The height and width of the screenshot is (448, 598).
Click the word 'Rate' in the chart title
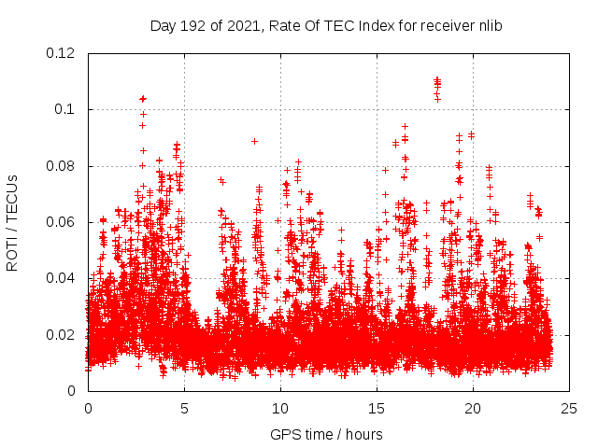[x=284, y=26]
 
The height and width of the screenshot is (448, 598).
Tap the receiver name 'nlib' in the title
[x=487, y=26]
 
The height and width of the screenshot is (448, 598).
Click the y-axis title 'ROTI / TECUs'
[x=13, y=222]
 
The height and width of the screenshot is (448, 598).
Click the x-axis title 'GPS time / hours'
[x=326, y=434]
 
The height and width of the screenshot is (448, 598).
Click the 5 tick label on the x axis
[x=184, y=408]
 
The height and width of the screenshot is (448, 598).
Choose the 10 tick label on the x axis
[x=280, y=408]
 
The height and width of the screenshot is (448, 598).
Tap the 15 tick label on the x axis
[x=377, y=408]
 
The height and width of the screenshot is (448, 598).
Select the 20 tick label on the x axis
[x=473, y=408]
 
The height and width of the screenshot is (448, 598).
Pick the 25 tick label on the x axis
[x=569, y=408]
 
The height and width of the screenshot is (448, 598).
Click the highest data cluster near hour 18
[x=437, y=88]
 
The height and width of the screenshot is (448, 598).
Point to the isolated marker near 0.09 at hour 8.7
[x=254, y=141]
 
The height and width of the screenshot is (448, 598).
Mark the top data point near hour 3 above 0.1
[x=143, y=98]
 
